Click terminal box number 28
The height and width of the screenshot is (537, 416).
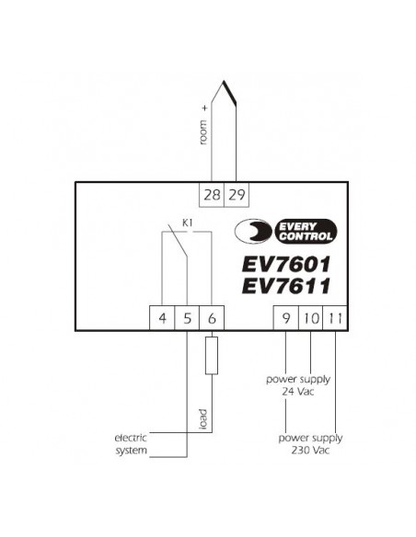[x=212, y=195]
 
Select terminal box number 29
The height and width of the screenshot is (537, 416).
[x=237, y=195]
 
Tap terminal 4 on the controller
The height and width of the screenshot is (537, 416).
[x=162, y=318]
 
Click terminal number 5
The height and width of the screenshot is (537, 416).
[x=187, y=318]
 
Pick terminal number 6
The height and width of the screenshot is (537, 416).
[x=212, y=318]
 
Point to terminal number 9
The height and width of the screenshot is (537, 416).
[x=286, y=318]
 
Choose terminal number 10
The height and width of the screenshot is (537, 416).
[x=311, y=318]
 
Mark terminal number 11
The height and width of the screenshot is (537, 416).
[x=335, y=318]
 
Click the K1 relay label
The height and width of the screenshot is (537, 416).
[x=187, y=223]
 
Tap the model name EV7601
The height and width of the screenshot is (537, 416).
[x=286, y=264]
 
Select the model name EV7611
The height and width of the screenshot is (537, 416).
[x=286, y=286]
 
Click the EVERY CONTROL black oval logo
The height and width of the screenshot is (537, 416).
[x=306, y=232]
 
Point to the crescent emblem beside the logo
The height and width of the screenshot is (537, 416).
[x=253, y=232]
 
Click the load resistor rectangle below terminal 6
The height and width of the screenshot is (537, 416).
[x=212, y=356]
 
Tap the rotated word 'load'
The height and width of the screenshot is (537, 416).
[x=203, y=419]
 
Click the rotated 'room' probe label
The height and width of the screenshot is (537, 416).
[x=203, y=132]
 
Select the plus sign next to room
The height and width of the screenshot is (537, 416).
[x=205, y=109]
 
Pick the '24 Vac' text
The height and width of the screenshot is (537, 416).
[x=298, y=392]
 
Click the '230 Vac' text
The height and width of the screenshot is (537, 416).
[x=310, y=450]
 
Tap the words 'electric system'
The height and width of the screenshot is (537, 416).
[x=131, y=444]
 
